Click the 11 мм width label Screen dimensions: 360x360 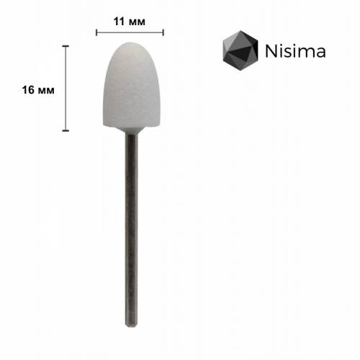[129, 21]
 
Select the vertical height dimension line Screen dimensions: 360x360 [66, 89]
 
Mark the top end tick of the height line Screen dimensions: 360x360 [66, 46]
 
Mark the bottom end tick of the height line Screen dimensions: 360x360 [66, 131]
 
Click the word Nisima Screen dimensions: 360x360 [295, 52]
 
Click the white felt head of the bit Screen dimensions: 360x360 [130, 86]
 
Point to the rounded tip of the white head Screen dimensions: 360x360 [130, 47]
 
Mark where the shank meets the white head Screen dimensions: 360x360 [130, 132]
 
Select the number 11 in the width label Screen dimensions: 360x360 [119, 21]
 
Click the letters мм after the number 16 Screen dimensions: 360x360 [47, 89]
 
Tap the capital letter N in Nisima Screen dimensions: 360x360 [270, 52]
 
